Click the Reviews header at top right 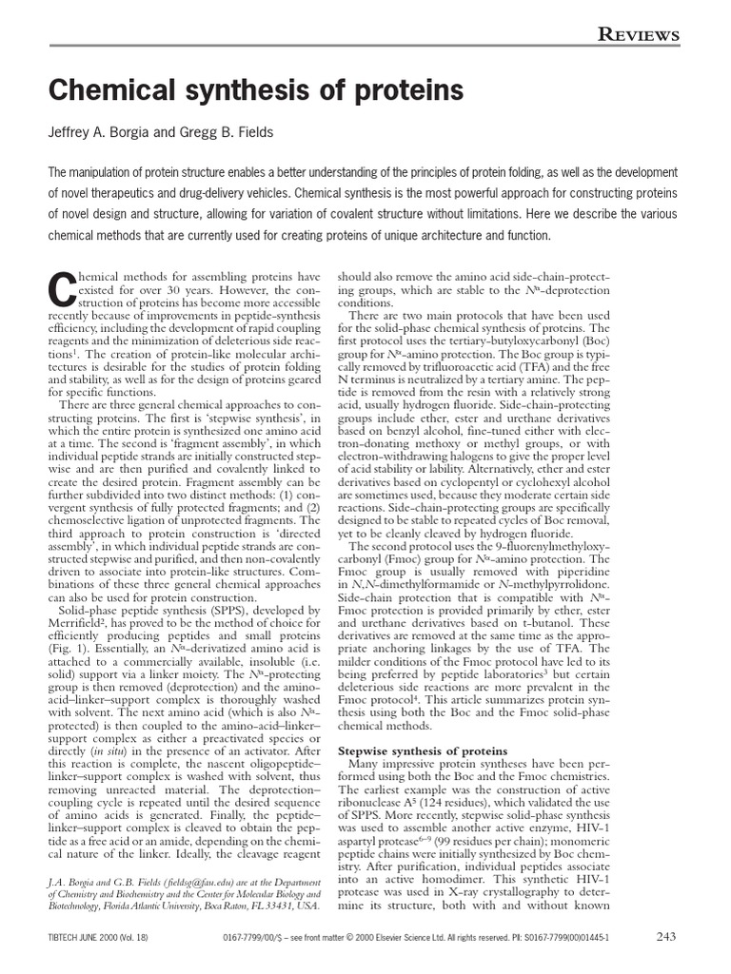pyautogui.click(x=638, y=35)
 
